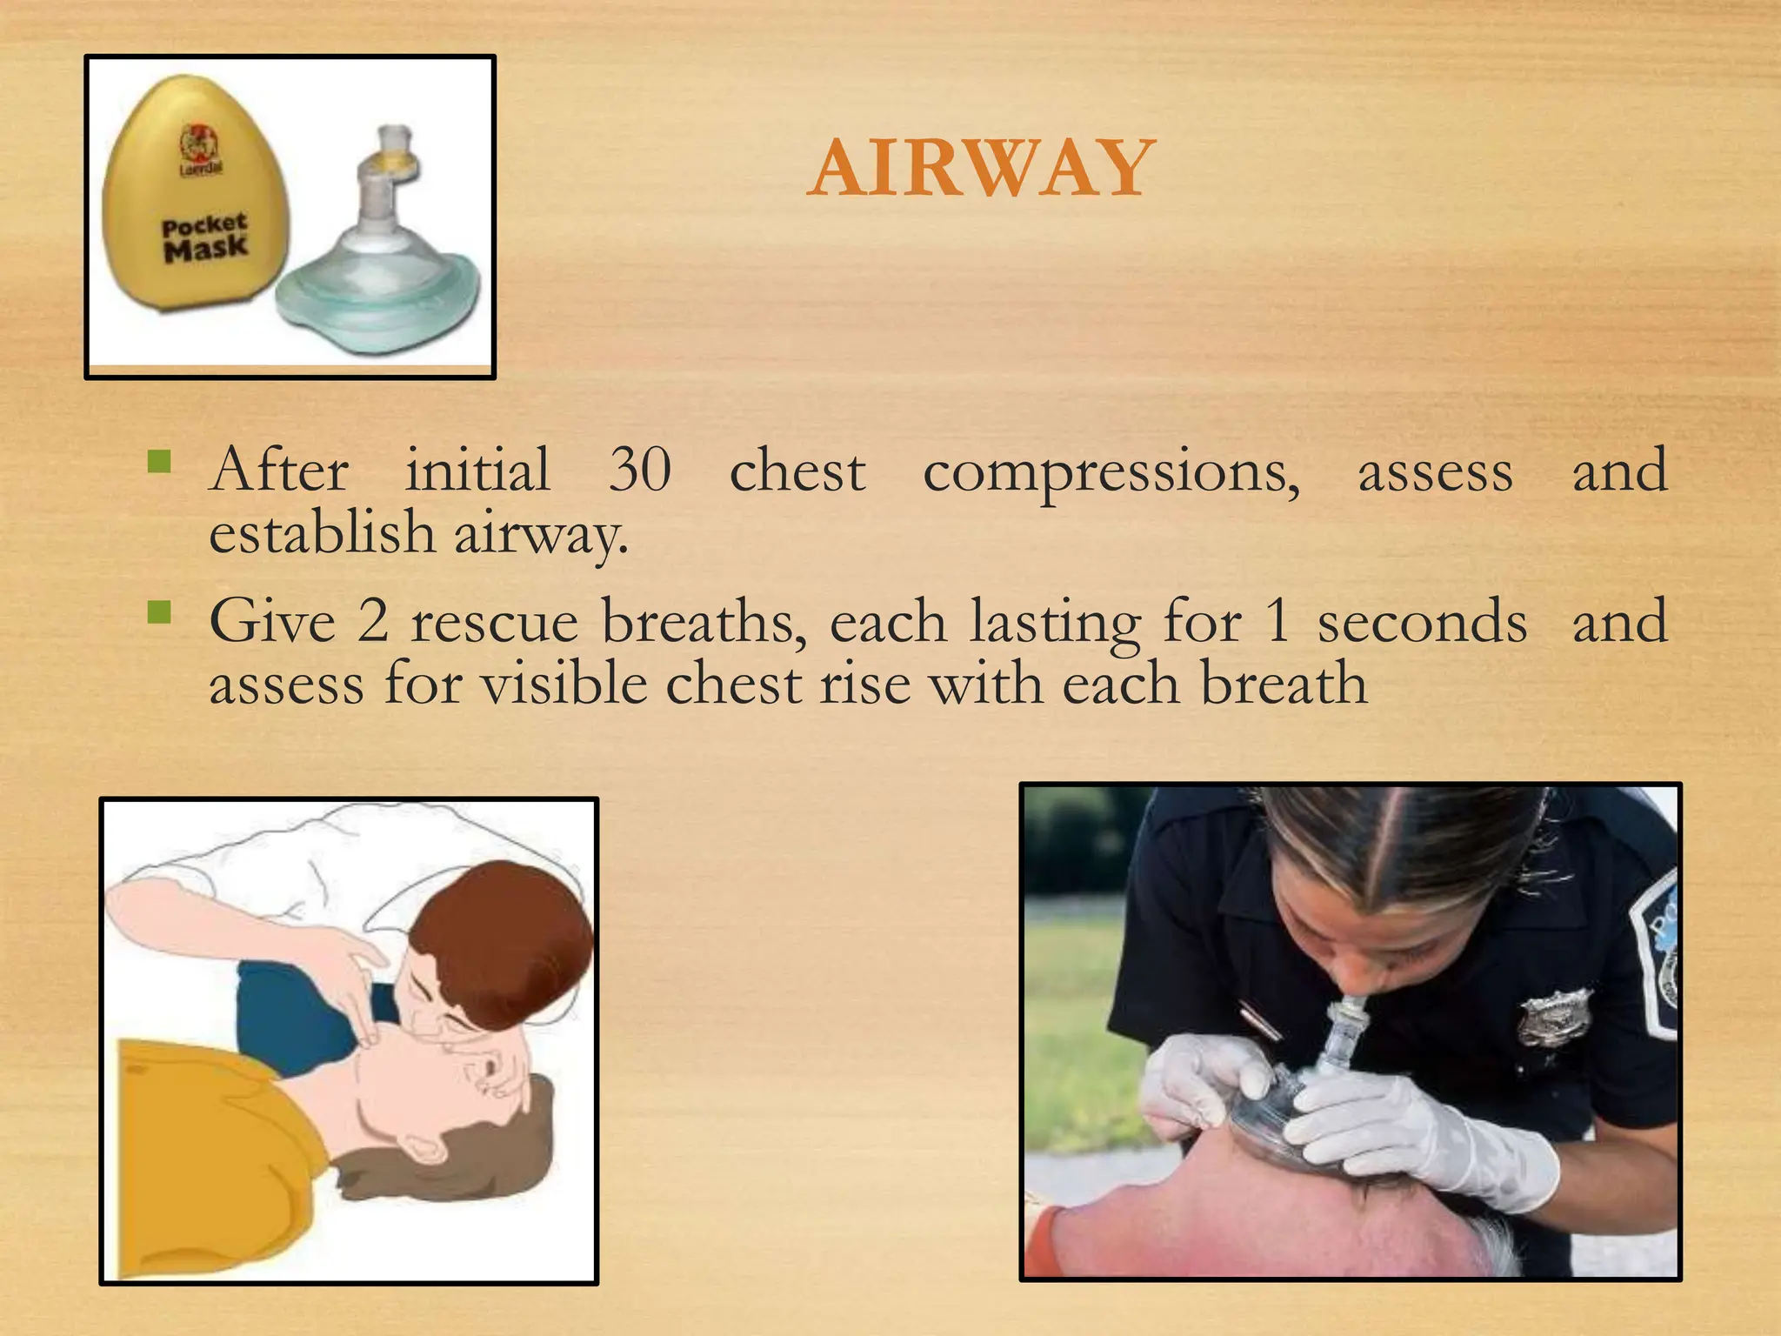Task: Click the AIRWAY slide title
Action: pos(980,168)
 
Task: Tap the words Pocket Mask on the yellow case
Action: pos(204,237)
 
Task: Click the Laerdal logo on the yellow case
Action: pos(200,149)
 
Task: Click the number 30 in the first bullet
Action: pos(639,470)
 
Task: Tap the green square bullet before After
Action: pos(159,460)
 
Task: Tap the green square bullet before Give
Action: pos(159,612)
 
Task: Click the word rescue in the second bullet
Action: pos(494,622)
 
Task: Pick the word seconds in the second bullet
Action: pos(1421,622)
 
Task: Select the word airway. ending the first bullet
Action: pos(540,533)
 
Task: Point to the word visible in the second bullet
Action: pos(564,683)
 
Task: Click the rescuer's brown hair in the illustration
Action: pos(504,939)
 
